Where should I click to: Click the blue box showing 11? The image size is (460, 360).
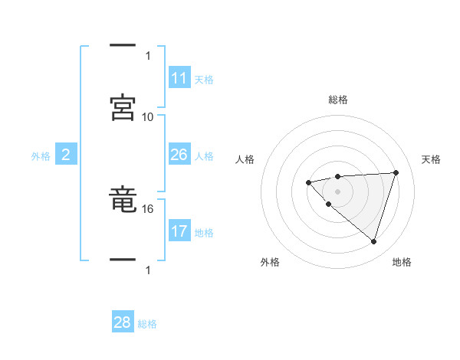(179, 78)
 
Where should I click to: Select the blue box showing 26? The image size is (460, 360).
(179, 155)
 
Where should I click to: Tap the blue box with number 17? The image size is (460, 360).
(179, 231)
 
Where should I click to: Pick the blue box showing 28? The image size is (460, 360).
(123, 322)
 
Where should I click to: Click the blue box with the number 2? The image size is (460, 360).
(65, 155)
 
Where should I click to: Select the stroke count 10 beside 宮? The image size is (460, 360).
(148, 116)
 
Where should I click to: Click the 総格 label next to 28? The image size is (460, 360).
(147, 324)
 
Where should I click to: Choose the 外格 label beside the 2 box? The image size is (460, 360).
(41, 156)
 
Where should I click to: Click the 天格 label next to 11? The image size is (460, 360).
(204, 80)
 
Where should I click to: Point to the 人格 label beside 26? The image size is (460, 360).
(204, 156)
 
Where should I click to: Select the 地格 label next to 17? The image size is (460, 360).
(204, 233)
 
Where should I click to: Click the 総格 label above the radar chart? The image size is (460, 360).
(337, 100)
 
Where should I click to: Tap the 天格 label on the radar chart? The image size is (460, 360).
(431, 159)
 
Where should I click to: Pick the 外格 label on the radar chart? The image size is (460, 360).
(270, 262)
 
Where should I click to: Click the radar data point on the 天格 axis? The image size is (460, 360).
(396, 172)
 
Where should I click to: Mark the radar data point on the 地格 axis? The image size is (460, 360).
(373, 241)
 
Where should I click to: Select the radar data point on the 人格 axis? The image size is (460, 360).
(308, 182)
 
